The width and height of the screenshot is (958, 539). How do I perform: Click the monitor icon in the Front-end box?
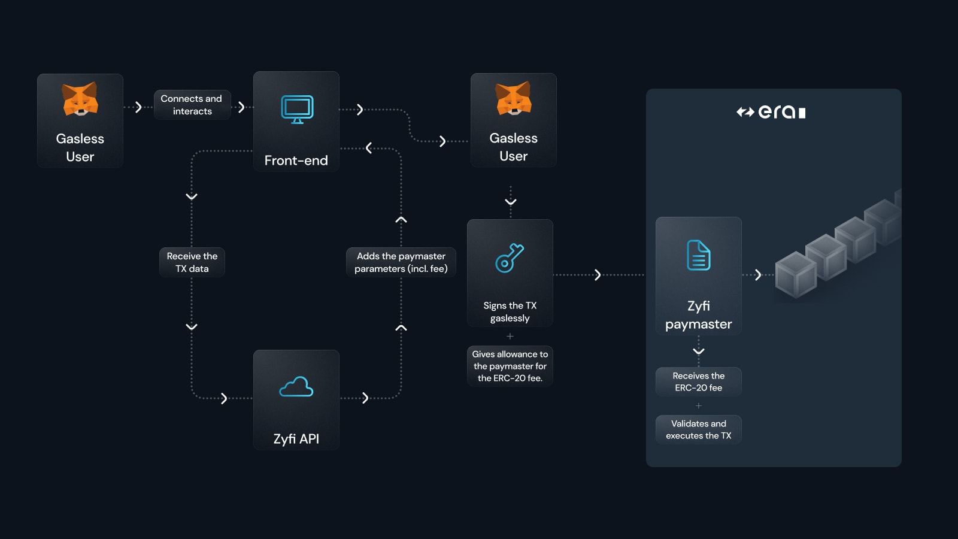click(x=297, y=109)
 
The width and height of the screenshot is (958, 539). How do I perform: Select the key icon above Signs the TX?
click(x=510, y=258)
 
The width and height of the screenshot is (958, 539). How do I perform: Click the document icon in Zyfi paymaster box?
click(x=698, y=256)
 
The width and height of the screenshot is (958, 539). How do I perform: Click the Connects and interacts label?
click(x=192, y=105)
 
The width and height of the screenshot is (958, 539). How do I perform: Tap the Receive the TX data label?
click(x=192, y=262)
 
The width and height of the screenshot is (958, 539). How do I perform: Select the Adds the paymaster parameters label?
click(x=401, y=262)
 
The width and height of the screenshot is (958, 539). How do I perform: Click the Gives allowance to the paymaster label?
click(x=510, y=366)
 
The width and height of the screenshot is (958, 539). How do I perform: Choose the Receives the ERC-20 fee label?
click(x=699, y=381)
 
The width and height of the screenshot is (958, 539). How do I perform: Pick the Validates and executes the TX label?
click(x=699, y=429)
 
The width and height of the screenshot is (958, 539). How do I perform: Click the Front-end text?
click(x=296, y=161)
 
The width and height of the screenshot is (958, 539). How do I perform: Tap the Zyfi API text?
click(x=296, y=439)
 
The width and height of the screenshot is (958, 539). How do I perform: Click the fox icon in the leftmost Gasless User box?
click(x=80, y=99)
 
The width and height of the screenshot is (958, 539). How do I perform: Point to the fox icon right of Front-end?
click(x=514, y=98)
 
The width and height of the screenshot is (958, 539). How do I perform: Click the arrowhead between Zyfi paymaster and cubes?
click(x=758, y=275)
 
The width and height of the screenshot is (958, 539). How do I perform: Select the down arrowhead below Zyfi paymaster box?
click(x=699, y=351)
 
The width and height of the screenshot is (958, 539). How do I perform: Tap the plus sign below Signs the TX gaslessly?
click(x=510, y=336)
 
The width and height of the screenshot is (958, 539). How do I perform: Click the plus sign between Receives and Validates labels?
click(x=699, y=405)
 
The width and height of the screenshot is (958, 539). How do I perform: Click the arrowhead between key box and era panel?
click(x=598, y=275)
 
